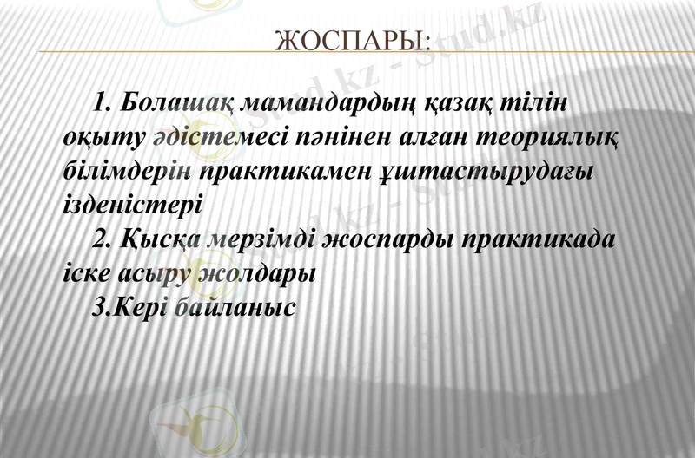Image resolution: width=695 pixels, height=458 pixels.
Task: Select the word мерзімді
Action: pyautogui.click(x=260, y=239)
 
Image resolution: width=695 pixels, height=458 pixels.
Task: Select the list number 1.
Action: pyautogui.click(x=100, y=104)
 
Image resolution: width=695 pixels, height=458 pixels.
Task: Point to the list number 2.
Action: pyautogui.click(x=100, y=239)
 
